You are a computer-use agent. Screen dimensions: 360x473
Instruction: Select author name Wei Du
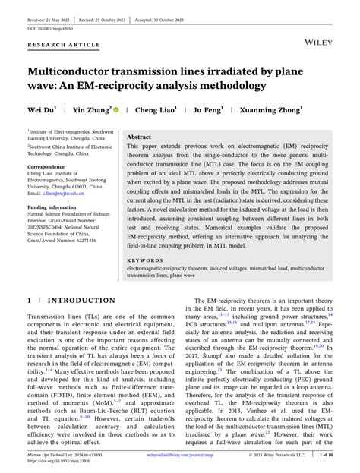[43, 110]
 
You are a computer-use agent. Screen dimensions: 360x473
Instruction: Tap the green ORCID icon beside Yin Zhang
[116, 110]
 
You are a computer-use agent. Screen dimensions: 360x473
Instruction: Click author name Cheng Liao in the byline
[156, 110]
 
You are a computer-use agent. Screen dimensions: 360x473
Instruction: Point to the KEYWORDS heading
[147, 260]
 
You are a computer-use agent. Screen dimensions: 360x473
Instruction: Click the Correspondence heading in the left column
[46, 166]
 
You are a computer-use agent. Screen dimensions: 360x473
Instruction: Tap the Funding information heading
[52, 207]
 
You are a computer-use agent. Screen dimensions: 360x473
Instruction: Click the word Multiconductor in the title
[75, 71]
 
